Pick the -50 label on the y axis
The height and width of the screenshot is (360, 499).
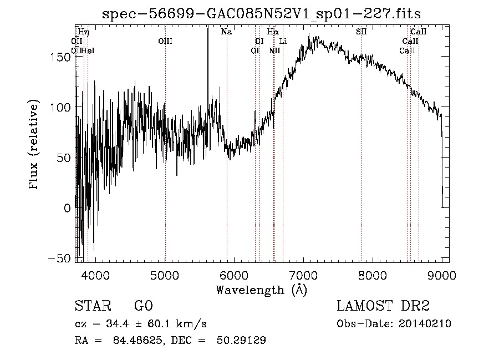tap(62, 258)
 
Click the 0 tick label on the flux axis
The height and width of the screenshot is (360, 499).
tap(68, 209)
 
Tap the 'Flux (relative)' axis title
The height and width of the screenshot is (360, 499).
tap(35, 145)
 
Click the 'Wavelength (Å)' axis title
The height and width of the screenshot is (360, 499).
tap(261, 290)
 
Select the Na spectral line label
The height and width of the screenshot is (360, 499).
tap(226, 32)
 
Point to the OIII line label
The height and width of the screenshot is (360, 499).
tap(165, 41)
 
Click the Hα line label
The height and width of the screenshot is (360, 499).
tap(272, 32)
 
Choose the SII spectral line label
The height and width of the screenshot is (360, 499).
tap(361, 32)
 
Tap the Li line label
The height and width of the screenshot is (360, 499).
tap(283, 41)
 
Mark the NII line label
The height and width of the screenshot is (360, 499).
tap(274, 50)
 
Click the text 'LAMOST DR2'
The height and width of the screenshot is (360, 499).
tap(383, 306)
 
